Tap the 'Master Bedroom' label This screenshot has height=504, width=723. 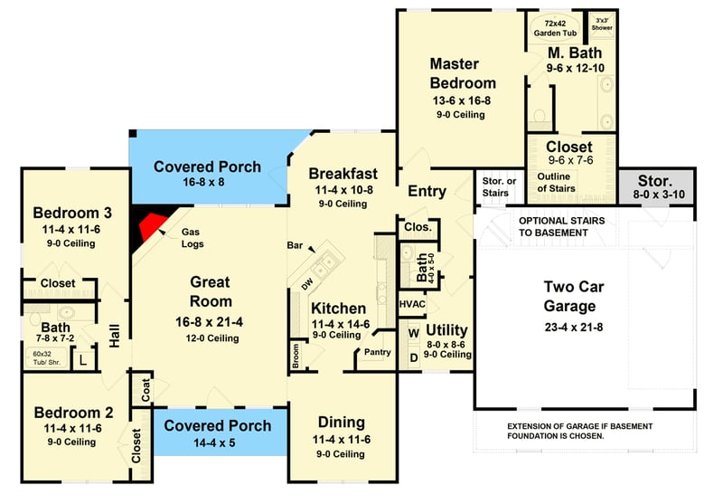(462, 73)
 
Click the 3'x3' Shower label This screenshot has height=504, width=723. (602, 23)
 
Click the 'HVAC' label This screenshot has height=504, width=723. (412, 305)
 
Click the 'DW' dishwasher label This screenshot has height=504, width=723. (305, 283)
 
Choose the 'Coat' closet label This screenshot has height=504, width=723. (145, 390)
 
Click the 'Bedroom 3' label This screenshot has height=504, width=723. (72, 214)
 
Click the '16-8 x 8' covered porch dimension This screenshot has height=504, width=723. (207, 182)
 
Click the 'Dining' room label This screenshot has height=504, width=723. (341, 423)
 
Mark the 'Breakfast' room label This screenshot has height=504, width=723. (343, 174)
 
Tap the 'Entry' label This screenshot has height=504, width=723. (427, 192)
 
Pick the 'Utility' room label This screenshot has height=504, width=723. (446, 329)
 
